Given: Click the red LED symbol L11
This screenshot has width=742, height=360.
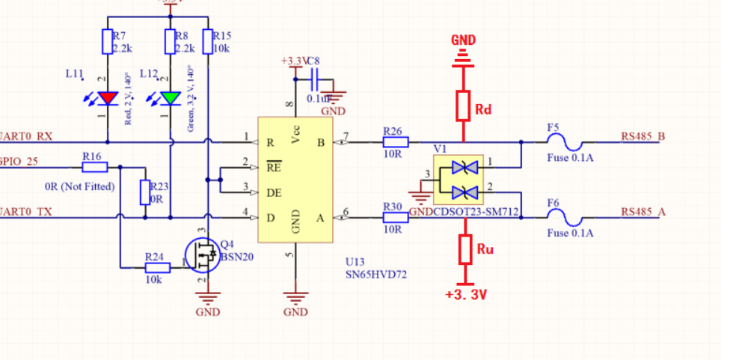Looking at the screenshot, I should (108, 98).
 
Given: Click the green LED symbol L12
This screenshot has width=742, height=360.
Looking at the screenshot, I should (171, 98).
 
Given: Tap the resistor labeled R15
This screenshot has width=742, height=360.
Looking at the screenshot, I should (207, 41).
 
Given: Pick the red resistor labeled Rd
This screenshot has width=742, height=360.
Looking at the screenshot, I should (464, 106).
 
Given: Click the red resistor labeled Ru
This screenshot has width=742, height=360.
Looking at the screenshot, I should (464, 249).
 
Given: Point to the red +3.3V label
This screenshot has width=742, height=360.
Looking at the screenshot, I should (465, 295).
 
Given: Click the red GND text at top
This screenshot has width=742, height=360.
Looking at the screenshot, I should (464, 39).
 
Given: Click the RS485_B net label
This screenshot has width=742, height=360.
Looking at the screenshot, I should (643, 137).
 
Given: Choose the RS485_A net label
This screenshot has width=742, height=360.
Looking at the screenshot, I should (643, 212).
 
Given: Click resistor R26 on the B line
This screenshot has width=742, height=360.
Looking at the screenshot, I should (395, 141).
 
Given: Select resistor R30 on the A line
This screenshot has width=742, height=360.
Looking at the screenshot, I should (395, 217).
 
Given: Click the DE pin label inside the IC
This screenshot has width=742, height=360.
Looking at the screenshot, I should (274, 193).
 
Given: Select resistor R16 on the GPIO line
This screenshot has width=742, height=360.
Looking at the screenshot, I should (95, 167).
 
